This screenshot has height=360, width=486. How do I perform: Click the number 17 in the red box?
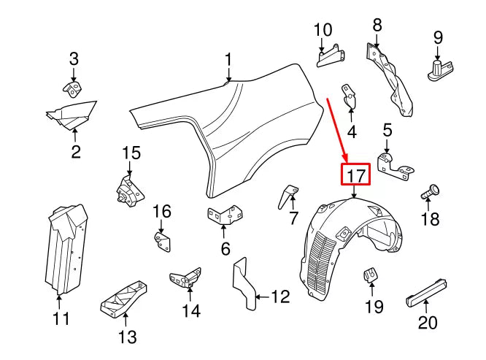(x=355, y=175)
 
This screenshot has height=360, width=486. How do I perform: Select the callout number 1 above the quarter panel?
(x=228, y=59)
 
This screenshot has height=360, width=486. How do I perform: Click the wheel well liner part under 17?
(x=350, y=241)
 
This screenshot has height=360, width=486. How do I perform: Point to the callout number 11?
(x=61, y=318)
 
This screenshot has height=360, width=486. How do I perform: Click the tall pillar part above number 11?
(x=66, y=248)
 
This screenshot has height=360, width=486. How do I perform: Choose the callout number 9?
(x=439, y=37)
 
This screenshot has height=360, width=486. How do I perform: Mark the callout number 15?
(x=130, y=153)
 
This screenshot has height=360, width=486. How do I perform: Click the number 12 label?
(x=280, y=297)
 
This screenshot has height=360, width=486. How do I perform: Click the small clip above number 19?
(x=370, y=275)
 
